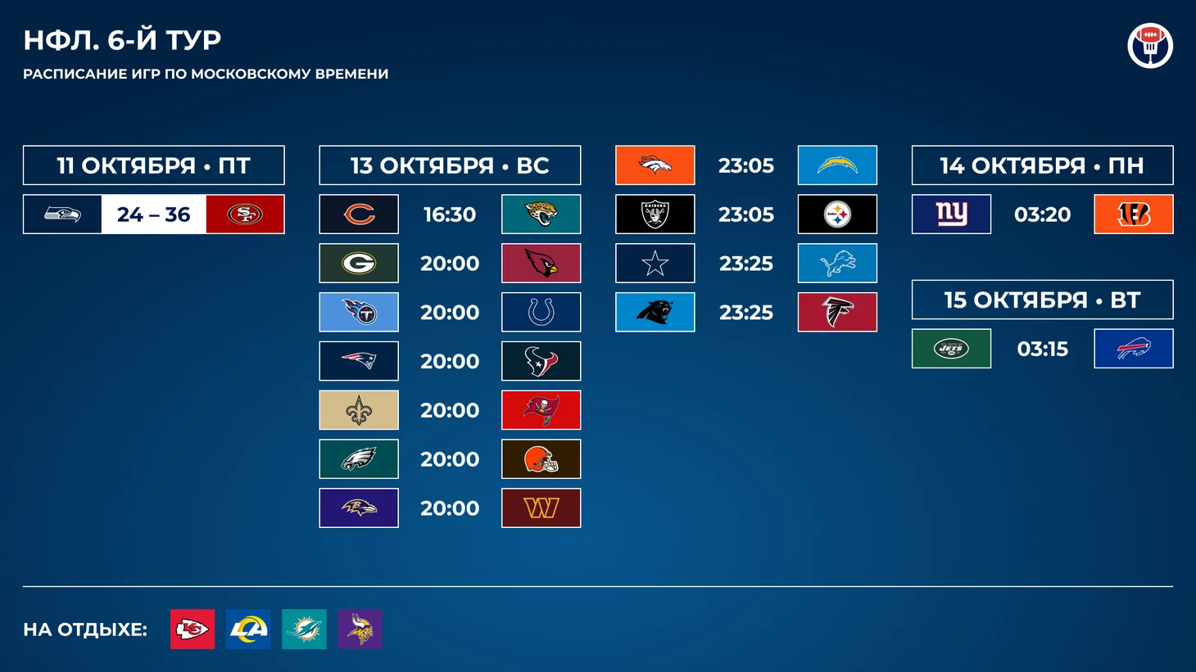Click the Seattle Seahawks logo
(x=62, y=214)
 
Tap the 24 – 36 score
(x=154, y=214)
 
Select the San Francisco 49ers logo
(x=245, y=214)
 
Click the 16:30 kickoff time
(x=450, y=214)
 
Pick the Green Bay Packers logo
(x=359, y=263)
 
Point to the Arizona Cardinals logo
(x=541, y=263)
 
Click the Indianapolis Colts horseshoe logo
(x=541, y=312)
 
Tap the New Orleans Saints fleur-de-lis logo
(x=359, y=410)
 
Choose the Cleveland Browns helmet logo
(x=541, y=459)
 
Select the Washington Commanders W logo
(x=541, y=507)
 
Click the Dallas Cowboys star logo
(x=655, y=263)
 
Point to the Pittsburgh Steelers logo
(x=837, y=214)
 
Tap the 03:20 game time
(x=1042, y=214)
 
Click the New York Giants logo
(x=951, y=214)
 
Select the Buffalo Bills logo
(x=1134, y=348)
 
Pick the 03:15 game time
(x=1042, y=349)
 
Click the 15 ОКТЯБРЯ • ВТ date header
(x=1042, y=300)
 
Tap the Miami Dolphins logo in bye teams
(x=304, y=629)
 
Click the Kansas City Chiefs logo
(x=193, y=629)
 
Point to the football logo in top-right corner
(x=1150, y=45)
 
